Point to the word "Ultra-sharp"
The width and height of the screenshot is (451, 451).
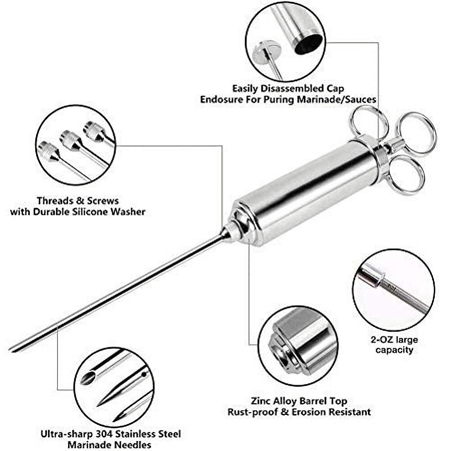[x=63, y=435]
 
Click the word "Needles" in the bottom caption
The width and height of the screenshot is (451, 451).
[x=133, y=446]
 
